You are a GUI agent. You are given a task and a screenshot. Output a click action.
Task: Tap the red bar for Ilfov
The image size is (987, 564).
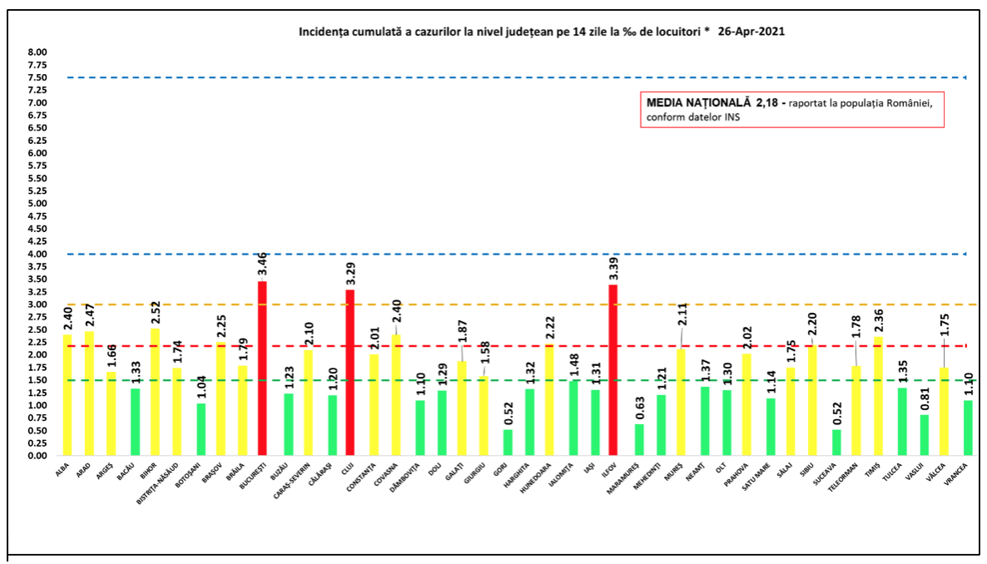point(613,370)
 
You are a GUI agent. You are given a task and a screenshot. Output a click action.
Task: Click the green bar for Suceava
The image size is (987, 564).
point(836,443)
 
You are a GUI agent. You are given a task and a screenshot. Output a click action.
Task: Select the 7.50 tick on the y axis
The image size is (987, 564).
point(37,77)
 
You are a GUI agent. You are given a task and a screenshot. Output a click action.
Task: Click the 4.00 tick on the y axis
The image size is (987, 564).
point(37,254)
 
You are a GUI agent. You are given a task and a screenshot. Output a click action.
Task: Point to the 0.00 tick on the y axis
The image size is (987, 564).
point(37,456)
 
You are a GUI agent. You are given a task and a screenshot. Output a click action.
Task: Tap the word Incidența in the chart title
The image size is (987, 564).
point(322,31)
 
